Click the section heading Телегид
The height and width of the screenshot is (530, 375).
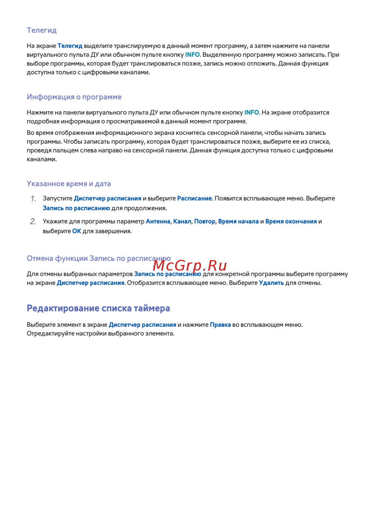42,30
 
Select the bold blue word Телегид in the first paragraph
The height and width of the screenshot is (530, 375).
70,46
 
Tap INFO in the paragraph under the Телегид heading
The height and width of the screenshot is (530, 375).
192,55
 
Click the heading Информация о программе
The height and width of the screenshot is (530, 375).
74,97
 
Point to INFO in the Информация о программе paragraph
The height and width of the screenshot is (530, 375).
252,112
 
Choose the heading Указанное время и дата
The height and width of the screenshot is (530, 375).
69,184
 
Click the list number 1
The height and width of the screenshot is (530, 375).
33,199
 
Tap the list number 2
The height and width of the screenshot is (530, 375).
33,222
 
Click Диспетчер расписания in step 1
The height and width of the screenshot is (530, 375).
107,198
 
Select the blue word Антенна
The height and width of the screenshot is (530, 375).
158,222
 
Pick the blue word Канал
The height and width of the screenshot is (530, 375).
182,222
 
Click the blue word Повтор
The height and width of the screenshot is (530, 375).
205,222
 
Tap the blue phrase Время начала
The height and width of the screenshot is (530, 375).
238,222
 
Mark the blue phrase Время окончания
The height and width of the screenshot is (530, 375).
291,222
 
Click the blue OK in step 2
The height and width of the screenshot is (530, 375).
76,231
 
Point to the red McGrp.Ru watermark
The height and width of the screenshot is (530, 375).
190,265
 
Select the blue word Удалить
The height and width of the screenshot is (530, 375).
271,283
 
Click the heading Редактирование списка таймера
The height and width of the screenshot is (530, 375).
98,308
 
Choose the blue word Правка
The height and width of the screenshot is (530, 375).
220,325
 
